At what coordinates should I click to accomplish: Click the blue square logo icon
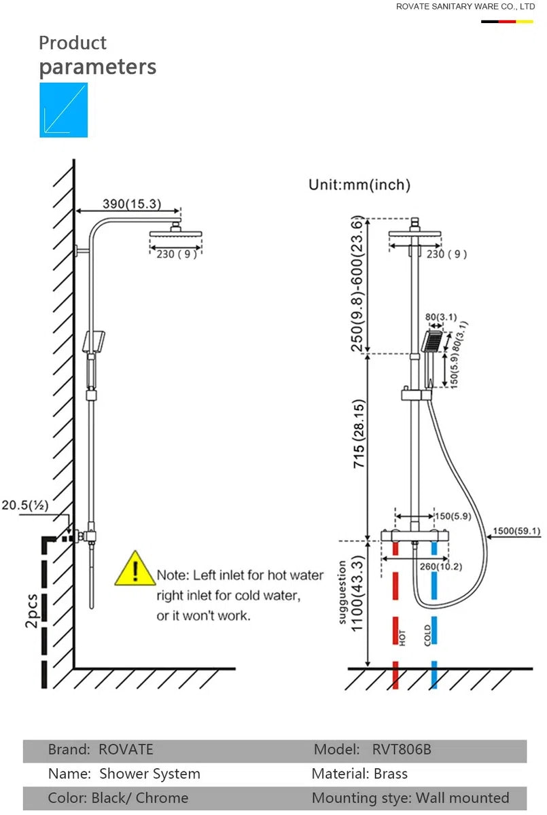pyautogui.click(x=64, y=110)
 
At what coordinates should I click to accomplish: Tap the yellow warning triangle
pyautogui.click(x=135, y=568)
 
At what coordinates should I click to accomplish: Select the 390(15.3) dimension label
pyautogui.click(x=132, y=204)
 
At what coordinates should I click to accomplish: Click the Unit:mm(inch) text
pyautogui.click(x=359, y=185)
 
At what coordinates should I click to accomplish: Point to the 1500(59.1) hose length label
pyautogui.click(x=516, y=531)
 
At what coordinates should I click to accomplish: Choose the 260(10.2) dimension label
pyautogui.click(x=441, y=566)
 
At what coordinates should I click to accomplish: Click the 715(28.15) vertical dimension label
pyautogui.click(x=359, y=434)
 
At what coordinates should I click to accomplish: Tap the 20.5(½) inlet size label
pyautogui.click(x=24, y=505)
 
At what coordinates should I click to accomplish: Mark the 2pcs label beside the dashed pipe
pyautogui.click(x=32, y=611)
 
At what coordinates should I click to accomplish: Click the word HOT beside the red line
pyautogui.click(x=402, y=638)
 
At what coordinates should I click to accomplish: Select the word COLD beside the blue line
pyautogui.click(x=427, y=635)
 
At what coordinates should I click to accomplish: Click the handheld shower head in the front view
pyautogui.click(x=432, y=341)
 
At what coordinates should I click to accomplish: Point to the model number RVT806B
pyautogui.click(x=402, y=750)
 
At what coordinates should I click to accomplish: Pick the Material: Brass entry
pyautogui.click(x=359, y=774)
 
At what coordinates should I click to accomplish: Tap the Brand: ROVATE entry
pyautogui.click(x=101, y=750)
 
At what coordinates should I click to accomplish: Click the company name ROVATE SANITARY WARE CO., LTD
pyautogui.click(x=465, y=7)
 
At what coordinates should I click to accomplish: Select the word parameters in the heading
pyautogui.click(x=98, y=67)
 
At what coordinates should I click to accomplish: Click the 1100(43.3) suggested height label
pyautogui.click(x=357, y=594)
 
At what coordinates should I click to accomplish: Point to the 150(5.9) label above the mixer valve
pyautogui.click(x=453, y=516)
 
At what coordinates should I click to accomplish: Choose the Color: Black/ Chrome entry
pyautogui.click(x=118, y=798)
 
